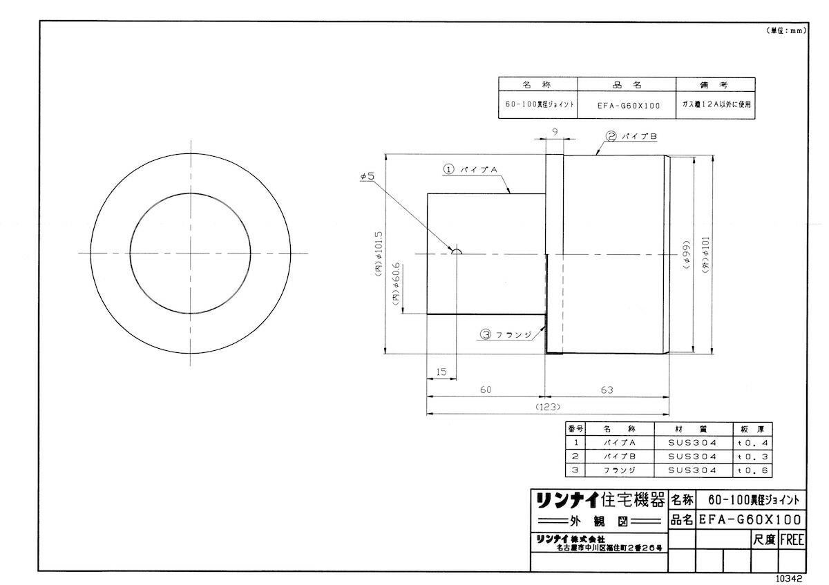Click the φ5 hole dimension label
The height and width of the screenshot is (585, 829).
368,176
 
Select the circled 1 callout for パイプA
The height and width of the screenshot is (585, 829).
448,169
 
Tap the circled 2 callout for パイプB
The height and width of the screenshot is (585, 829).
611,136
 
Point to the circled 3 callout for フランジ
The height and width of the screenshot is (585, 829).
486,334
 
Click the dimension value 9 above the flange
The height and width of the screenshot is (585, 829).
554,132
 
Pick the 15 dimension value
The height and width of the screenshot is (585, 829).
441,372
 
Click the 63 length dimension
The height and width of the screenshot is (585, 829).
607,390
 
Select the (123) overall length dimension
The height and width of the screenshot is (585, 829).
548,407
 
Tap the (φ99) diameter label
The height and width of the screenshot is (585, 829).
687,256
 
